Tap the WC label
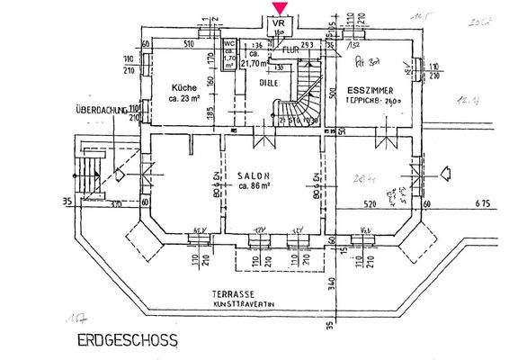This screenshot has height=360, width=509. pyautogui.click(x=229, y=42)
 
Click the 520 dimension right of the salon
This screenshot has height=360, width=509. pyautogui.click(x=369, y=205)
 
